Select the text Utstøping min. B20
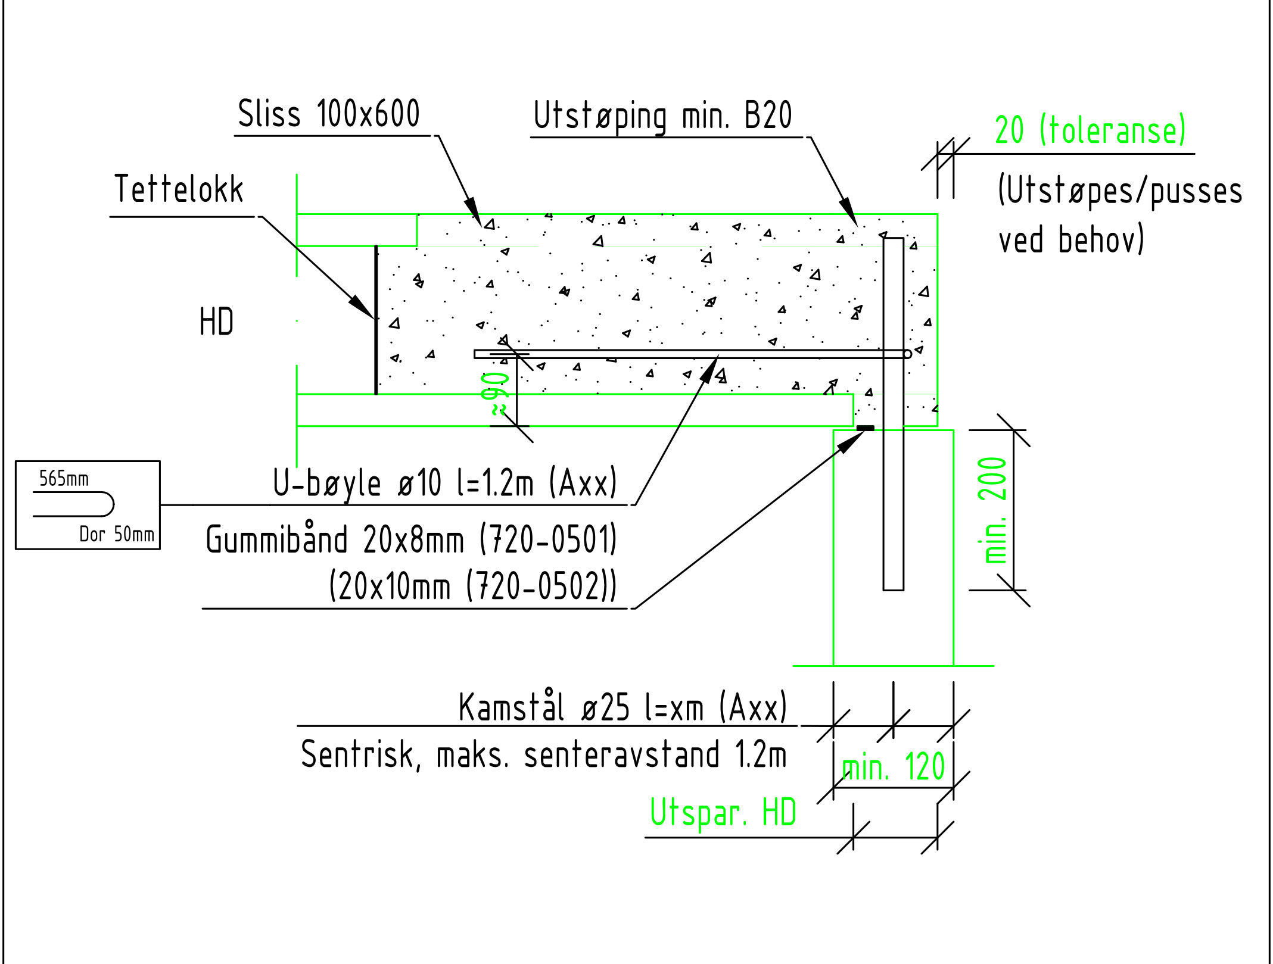point(662,116)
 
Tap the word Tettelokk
point(179,189)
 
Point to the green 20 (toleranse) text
point(1090,130)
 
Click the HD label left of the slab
point(216,322)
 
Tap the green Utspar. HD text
point(723,813)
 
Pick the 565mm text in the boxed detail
point(64,479)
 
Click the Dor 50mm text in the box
point(117,534)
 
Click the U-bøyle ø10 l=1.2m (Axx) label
point(444,483)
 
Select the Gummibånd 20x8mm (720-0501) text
point(411,539)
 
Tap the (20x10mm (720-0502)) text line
point(472,586)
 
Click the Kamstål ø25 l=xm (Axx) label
point(623,708)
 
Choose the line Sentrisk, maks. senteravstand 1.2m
point(543,754)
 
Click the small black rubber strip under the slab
point(865,428)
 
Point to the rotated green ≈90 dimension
point(495,394)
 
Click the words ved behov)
point(1070,240)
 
